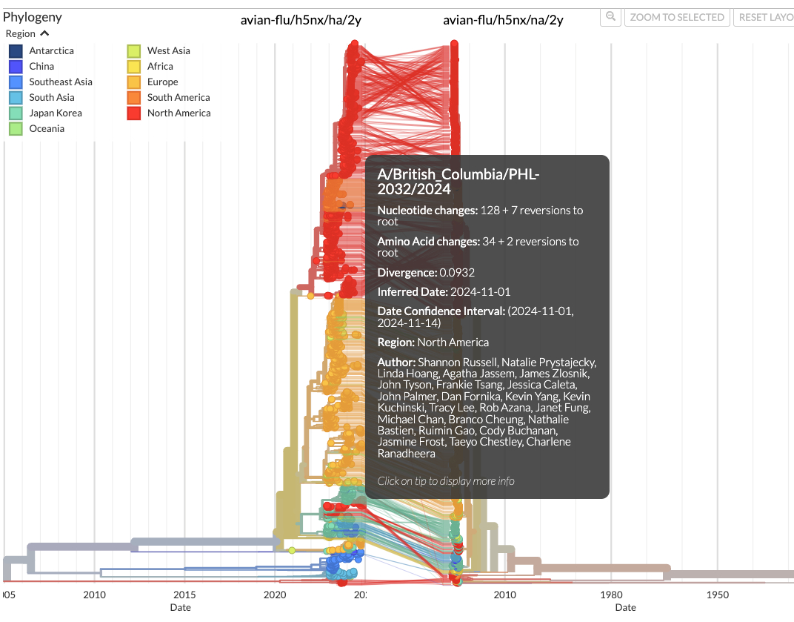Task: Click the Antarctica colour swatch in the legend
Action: [16, 50]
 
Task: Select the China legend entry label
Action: [41, 66]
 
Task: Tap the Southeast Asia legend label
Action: [61, 82]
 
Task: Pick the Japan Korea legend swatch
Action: [16, 113]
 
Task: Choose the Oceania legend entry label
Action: [47, 128]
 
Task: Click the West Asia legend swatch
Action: [133, 50]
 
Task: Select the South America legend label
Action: [179, 97]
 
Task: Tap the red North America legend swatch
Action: [133, 113]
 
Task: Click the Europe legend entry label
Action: [162, 82]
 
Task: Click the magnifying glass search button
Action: [610, 17]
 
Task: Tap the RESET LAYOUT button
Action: [764, 17]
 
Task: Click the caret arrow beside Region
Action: [44, 33]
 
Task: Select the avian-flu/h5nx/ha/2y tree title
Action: [301, 20]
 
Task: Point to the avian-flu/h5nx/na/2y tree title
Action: [503, 20]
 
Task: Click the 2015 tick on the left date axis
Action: [184, 595]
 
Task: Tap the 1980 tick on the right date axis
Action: [611, 595]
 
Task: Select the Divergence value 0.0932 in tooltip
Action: [457, 272]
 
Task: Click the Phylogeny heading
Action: [33, 17]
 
